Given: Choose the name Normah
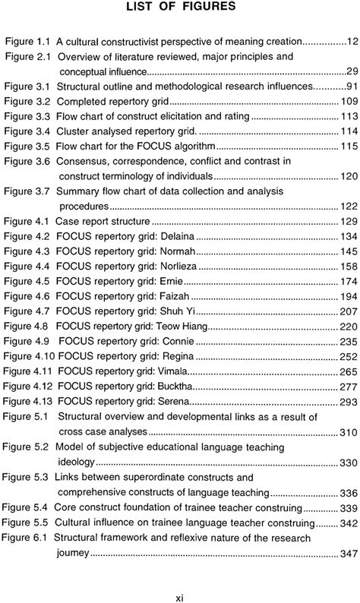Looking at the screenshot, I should click(x=178, y=251).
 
